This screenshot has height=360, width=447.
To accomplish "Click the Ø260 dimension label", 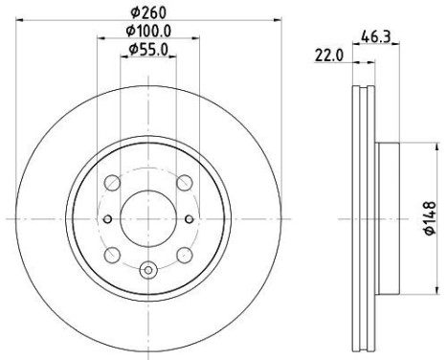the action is pyautogui.click(x=148, y=12).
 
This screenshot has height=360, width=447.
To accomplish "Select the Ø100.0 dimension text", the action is pyautogui.click(x=148, y=31).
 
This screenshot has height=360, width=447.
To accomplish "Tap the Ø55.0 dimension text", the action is pyautogui.click(x=148, y=50).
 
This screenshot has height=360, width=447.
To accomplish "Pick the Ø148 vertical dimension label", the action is pyautogui.click(x=430, y=218).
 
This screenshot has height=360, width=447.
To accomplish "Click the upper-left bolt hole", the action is pyautogui.click(x=112, y=183).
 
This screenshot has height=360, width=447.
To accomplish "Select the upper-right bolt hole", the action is pyautogui.click(x=185, y=183).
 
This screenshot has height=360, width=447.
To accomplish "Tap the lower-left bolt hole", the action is pyautogui.click(x=112, y=256).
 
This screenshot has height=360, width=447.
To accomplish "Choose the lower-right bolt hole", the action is pyautogui.click(x=185, y=256).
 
